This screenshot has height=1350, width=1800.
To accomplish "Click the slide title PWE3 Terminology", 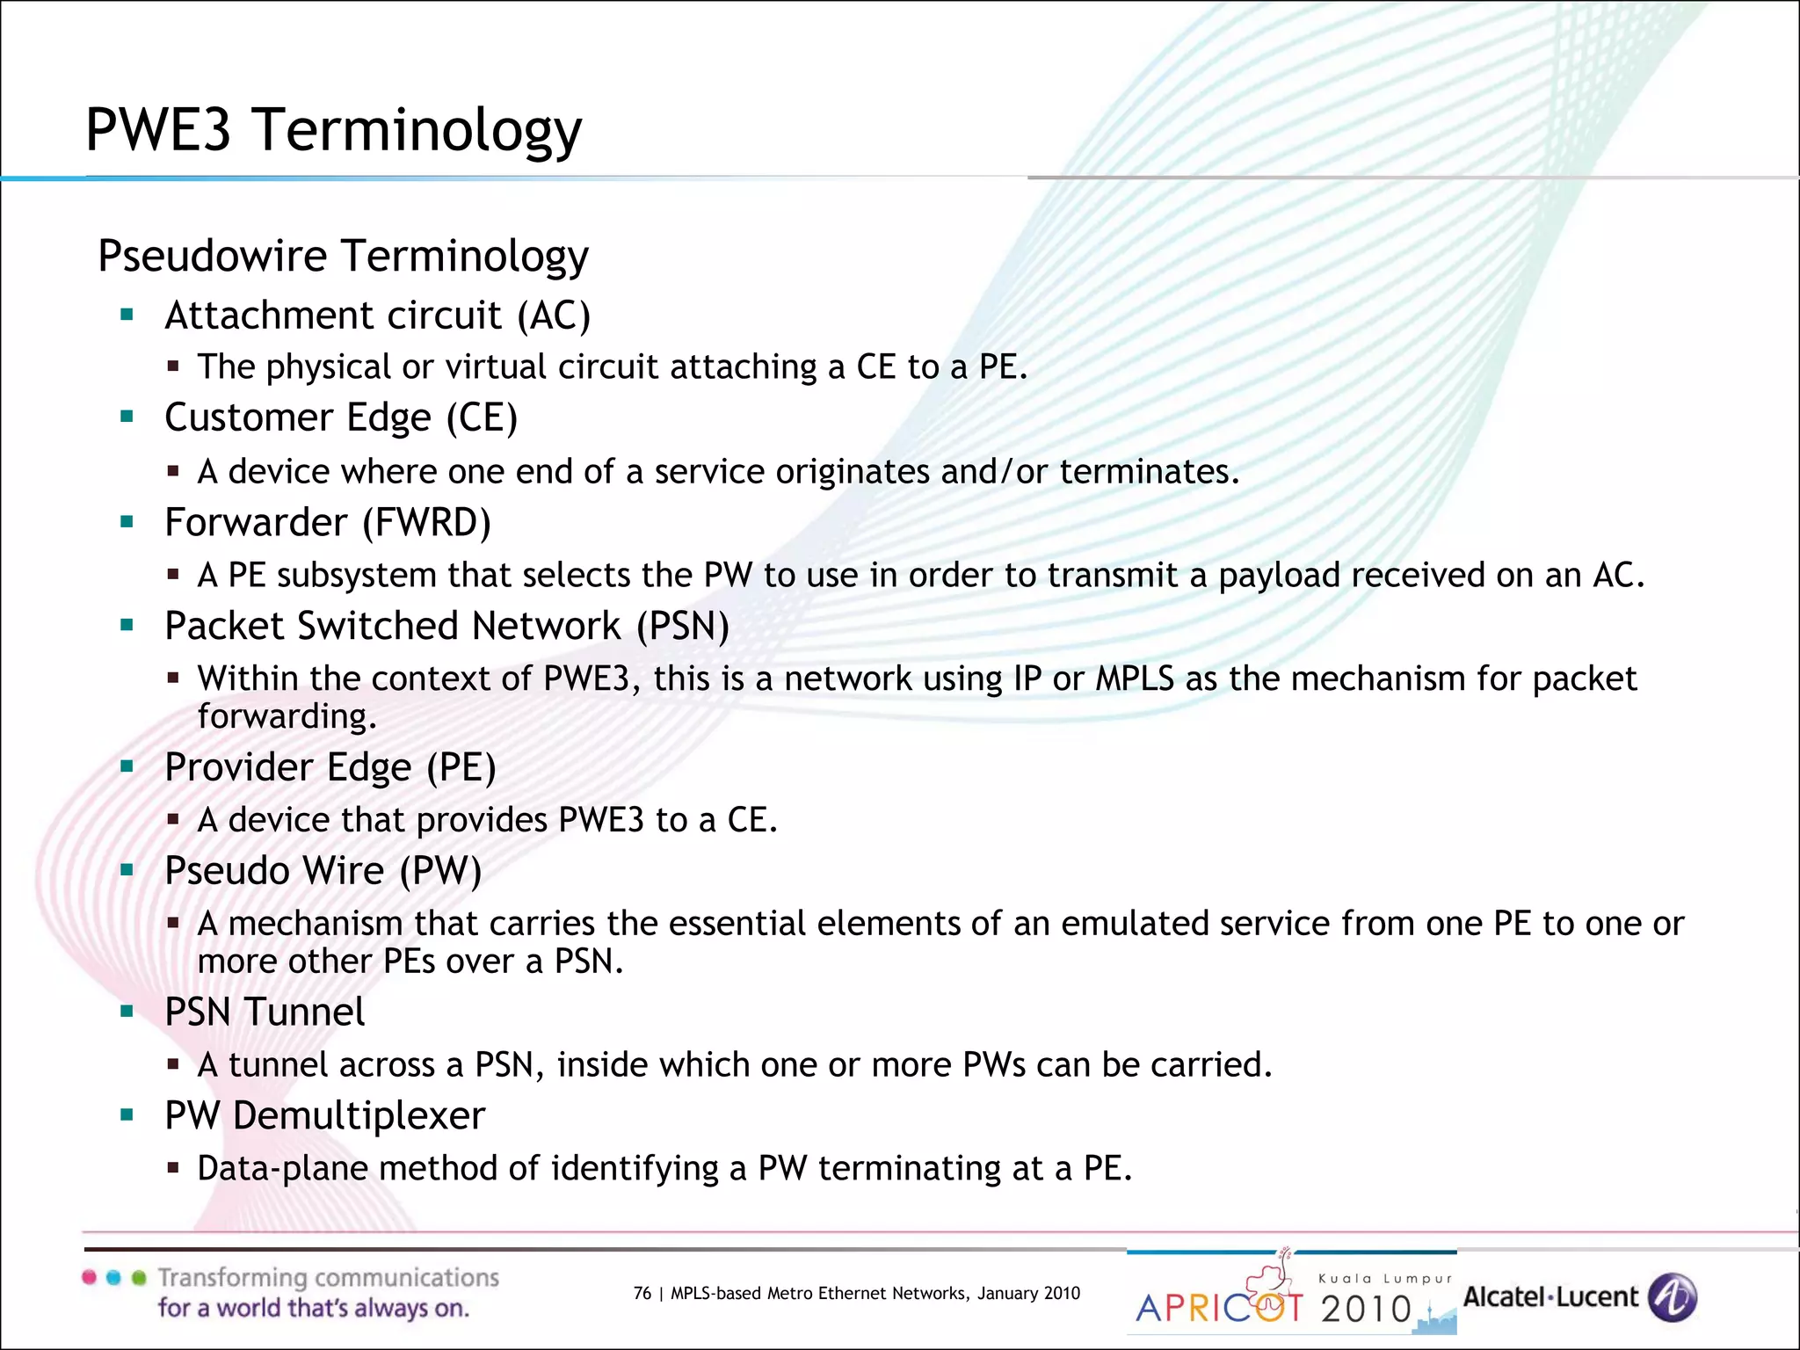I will tap(333, 130).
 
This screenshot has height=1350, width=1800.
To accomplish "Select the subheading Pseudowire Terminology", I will tap(343, 256).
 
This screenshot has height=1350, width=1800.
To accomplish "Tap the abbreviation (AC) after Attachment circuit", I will tap(554, 316).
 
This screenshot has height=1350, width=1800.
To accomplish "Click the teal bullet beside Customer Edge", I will tap(127, 417).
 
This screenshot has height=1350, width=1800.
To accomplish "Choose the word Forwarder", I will tap(256, 523).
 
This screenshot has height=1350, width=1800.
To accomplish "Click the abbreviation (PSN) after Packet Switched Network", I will tap(683, 627).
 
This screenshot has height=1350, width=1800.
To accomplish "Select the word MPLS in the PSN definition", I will tap(1134, 679).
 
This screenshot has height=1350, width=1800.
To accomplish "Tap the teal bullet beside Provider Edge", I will tap(127, 766).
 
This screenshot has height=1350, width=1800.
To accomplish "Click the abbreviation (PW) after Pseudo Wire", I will tap(440, 871).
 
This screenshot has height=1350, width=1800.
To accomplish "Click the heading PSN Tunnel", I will tap(265, 1012).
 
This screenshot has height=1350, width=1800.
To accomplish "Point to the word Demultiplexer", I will tap(359, 1116).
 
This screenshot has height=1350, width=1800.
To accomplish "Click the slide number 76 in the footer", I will tap(642, 1293).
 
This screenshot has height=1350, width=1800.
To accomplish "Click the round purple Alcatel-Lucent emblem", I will tap(1672, 1297).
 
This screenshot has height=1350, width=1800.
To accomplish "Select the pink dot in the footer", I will tap(90, 1278).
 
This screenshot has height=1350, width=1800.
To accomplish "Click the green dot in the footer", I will tap(139, 1278).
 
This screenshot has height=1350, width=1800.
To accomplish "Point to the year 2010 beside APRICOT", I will tap(1366, 1310).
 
